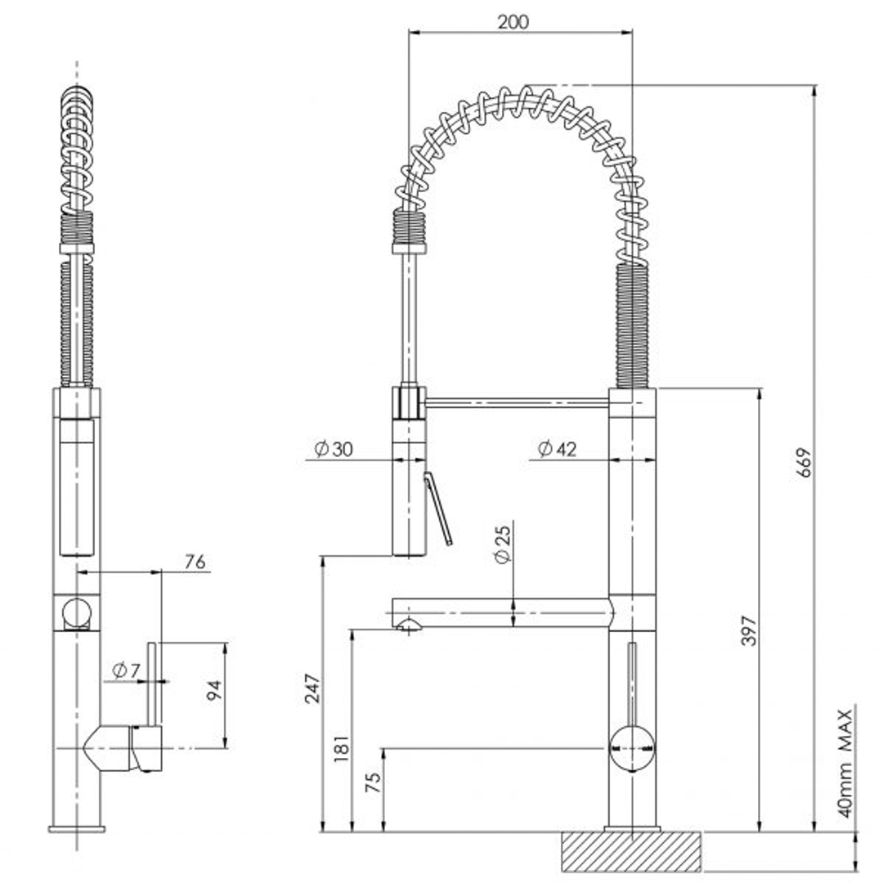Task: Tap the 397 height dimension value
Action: (x=750, y=630)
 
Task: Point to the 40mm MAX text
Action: (x=845, y=764)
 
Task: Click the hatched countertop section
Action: (x=630, y=852)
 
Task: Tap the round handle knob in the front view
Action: (x=631, y=747)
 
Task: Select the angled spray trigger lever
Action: (x=437, y=510)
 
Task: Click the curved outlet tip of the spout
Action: (x=407, y=626)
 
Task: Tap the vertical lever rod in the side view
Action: (x=152, y=684)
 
